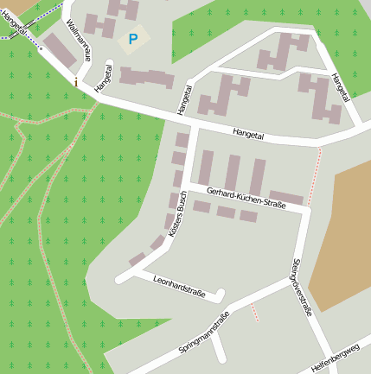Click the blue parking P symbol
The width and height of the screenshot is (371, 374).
point(132,39)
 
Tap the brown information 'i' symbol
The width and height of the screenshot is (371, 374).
point(76,82)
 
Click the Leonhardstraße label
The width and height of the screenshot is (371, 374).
point(178,287)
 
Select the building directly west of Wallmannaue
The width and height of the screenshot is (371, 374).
point(59,50)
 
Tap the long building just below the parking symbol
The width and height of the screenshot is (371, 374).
point(146,77)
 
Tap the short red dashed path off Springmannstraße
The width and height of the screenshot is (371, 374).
point(253,312)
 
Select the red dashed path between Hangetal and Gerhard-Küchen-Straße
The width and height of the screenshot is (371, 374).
point(316,173)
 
